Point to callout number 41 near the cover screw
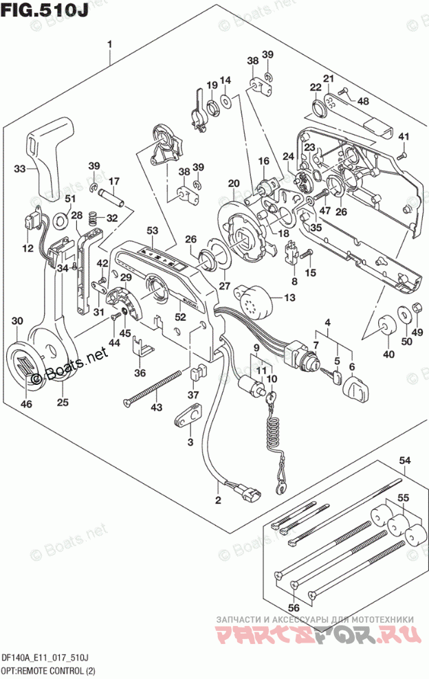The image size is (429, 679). (404, 135)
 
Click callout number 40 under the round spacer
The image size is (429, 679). (389, 354)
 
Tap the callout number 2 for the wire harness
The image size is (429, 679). (218, 500)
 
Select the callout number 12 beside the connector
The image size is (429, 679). (27, 248)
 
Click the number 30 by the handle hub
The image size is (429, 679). (18, 321)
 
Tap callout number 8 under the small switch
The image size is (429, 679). (294, 280)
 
